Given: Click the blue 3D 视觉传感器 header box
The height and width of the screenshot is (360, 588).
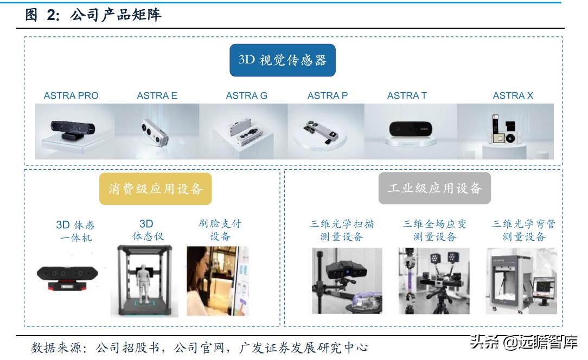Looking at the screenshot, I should coord(283,60).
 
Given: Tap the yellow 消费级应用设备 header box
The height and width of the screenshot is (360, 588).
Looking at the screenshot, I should coord(155,189).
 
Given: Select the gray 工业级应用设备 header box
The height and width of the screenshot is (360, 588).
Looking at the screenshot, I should coord(434,188).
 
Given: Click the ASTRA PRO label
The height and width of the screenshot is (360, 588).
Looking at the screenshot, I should coord(71,96).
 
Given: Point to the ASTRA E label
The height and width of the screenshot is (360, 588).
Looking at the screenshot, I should coord(157,96).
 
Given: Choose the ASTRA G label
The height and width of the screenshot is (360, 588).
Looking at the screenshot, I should coord(246,96).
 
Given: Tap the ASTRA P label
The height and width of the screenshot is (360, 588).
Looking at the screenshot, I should coord(327,96).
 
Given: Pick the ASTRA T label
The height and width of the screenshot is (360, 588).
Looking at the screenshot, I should coord(406,96).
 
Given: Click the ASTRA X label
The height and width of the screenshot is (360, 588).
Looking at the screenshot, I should coord(513,96).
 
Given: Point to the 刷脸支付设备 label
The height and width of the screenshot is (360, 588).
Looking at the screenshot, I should coord(220,230).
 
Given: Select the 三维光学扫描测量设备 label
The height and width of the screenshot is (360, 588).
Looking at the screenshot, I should coord(342,230).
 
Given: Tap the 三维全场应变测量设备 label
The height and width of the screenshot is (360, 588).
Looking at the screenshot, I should coord(434,230).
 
